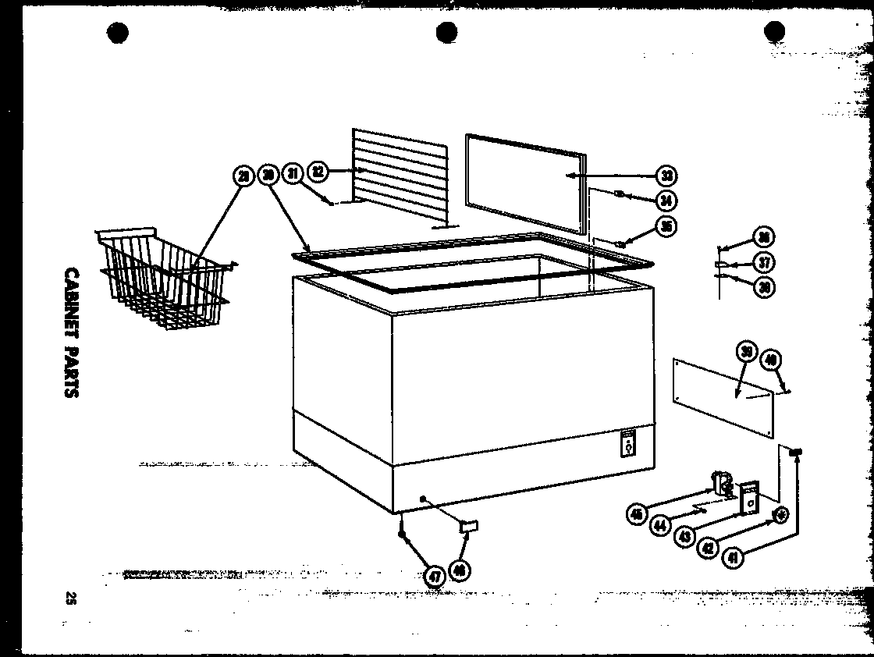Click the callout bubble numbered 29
tap(243, 177)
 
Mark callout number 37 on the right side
tap(765, 263)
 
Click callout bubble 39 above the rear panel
tap(747, 353)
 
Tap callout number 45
tap(637, 514)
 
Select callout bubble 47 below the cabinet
tap(434, 577)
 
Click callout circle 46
tap(460, 571)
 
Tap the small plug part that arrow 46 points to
tap(469, 527)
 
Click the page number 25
tap(71, 599)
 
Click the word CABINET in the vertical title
tap(71, 306)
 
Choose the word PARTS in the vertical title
tap(71, 373)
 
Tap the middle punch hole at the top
tap(446, 33)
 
